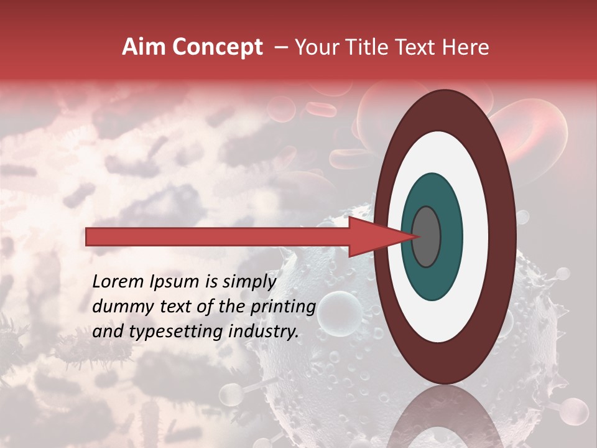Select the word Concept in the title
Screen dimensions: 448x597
[x=217, y=47]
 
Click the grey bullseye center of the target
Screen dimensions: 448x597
[x=426, y=236]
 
